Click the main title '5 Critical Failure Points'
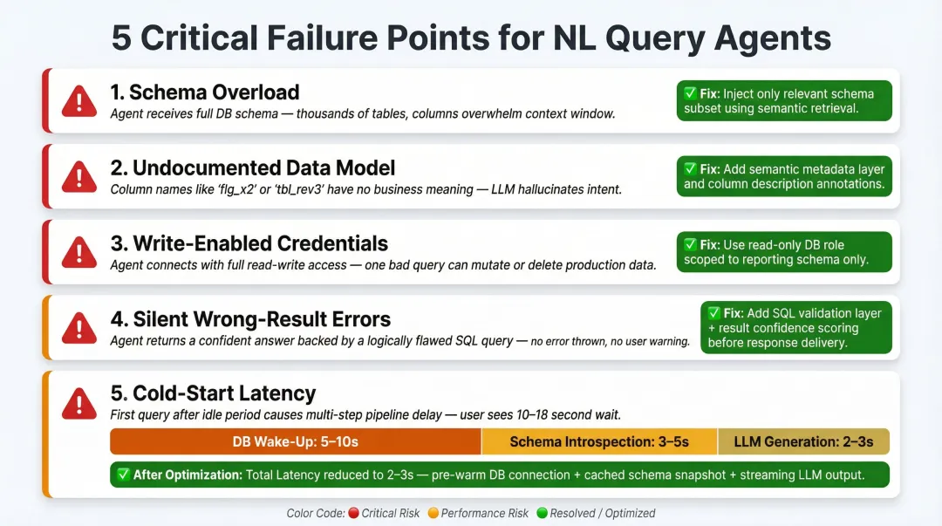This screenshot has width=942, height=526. [x=471, y=38]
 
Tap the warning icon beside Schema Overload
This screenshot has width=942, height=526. [x=79, y=102]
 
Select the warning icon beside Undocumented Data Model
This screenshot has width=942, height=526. [x=79, y=177]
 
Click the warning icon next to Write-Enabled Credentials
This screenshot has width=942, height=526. [x=79, y=253]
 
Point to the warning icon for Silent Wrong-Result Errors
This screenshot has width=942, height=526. [x=79, y=328]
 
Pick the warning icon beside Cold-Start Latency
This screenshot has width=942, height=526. [x=79, y=403]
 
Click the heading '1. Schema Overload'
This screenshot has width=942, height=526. [x=205, y=92]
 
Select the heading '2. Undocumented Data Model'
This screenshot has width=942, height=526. [x=253, y=167]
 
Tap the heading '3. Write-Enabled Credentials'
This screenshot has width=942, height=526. [x=249, y=243]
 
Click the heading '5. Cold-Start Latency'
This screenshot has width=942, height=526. [x=213, y=393]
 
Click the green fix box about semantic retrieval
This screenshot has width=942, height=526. [x=784, y=101]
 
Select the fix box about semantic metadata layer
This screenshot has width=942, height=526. [x=784, y=176]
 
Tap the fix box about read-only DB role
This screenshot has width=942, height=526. [x=784, y=252]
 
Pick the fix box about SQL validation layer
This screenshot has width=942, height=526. [x=795, y=327]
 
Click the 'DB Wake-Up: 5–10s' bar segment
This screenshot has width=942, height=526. [x=295, y=441]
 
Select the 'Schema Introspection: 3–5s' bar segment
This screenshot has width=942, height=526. [x=599, y=441]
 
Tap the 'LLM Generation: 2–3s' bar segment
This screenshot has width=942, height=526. [x=803, y=441]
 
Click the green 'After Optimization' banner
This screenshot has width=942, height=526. [x=499, y=475]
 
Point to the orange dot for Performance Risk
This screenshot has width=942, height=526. [x=433, y=513]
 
